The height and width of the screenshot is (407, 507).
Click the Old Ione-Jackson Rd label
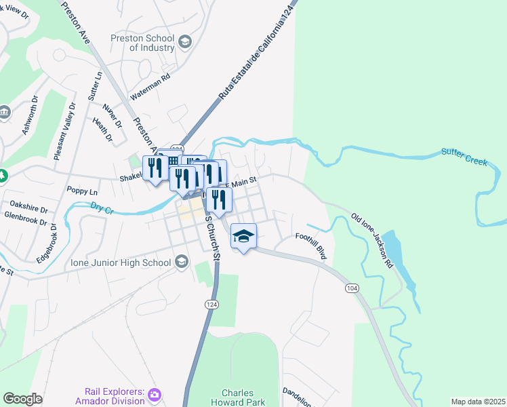click(372, 241)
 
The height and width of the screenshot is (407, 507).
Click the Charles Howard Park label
click(237, 398)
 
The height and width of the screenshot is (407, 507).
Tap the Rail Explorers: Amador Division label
click(115, 395)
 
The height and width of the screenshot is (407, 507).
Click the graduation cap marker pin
click(244, 236)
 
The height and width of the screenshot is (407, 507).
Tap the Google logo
click(22, 399)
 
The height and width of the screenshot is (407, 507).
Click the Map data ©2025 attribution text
click(478, 402)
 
